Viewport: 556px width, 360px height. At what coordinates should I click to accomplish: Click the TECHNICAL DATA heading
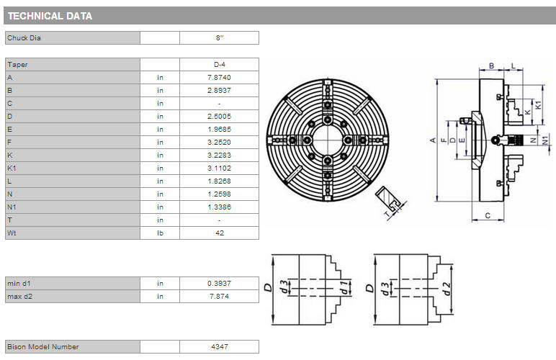(50, 16)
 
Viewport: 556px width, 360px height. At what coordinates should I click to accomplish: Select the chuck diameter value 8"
(220, 38)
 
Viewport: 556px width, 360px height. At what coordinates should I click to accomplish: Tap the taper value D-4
(220, 65)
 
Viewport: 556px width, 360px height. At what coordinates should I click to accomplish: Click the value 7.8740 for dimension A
(219, 77)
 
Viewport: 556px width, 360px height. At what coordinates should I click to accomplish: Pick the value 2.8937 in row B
(219, 90)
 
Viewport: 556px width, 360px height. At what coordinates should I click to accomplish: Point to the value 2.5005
(219, 116)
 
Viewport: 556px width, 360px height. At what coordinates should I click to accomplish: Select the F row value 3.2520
(219, 142)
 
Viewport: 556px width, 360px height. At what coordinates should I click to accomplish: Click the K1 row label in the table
(12, 168)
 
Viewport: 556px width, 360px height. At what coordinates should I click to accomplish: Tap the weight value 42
(220, 233)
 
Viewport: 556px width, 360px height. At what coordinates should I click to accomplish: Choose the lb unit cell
(161, 233)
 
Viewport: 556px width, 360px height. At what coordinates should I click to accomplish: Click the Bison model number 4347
(220, 346)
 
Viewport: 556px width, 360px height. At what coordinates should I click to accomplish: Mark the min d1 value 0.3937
(219, 284)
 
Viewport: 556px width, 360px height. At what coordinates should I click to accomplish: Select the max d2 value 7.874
(219, 296)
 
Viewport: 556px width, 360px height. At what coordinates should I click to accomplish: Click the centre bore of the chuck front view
(327, 140)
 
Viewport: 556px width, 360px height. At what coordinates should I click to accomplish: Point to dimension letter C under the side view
(488, 215)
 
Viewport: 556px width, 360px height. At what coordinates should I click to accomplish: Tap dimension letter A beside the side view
(433, 140)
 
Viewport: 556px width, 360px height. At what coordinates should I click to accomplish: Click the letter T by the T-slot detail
(387, 214)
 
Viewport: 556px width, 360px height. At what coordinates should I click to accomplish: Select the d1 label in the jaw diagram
(344, 287)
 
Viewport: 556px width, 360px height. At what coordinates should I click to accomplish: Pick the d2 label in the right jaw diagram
(447, 289)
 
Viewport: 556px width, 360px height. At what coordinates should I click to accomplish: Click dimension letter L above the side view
(513, 66)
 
